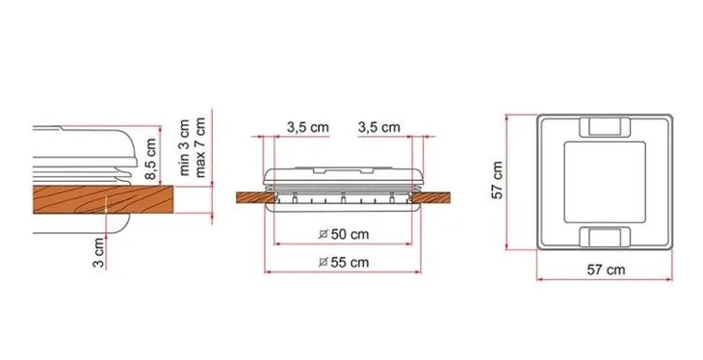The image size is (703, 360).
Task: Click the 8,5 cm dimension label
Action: point(151,159)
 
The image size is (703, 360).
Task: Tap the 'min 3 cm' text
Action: point(184,147)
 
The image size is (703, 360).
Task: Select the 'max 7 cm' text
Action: point(200,147)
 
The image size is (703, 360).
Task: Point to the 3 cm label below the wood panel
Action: point(98,253)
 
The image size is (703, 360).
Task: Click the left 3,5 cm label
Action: point(308,127)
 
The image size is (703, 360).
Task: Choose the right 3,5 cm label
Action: point(378,127)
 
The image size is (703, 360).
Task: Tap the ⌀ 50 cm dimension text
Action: point(344,234)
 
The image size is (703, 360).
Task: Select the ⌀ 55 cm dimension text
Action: point(344,262)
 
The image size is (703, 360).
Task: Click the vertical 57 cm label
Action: point(498,180)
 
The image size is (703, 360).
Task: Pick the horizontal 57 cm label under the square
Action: point(606,270)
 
